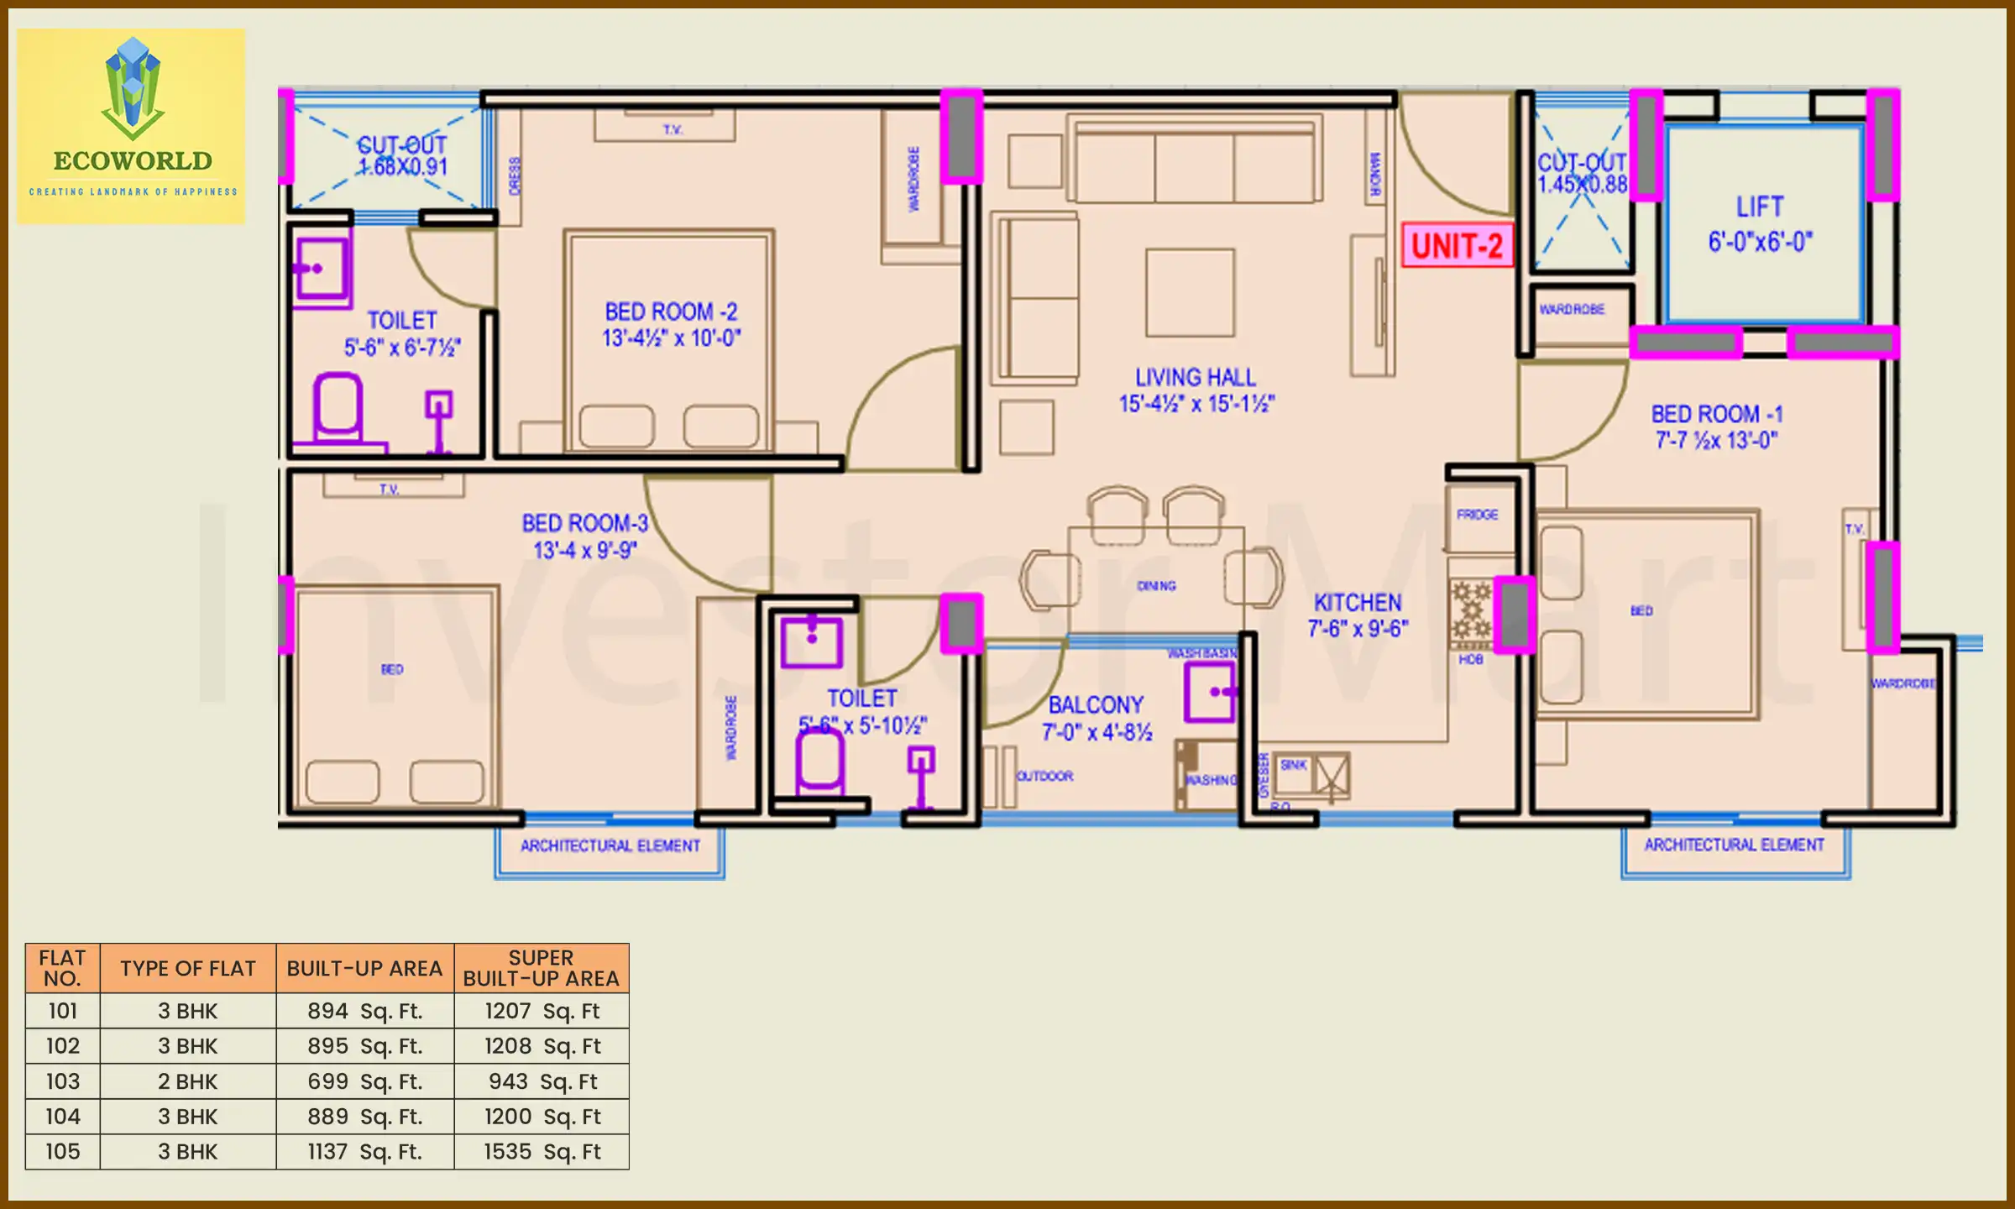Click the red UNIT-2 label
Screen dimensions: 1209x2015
[x=1457, y=245]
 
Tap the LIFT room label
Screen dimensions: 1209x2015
[x=1760, y=223]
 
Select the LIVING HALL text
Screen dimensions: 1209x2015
[x=1196, y=390]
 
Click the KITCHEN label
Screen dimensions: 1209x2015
[x=1358, y=615]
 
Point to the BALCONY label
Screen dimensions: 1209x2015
[x=1096, y=717]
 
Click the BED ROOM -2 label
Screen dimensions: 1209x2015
[x=671, y=324]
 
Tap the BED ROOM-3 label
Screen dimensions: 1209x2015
[x=585, y=536]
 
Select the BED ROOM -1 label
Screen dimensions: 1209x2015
[x=1716, y=427]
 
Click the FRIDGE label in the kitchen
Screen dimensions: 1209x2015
[x=1477, y=515]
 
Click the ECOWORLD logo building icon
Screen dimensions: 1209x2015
[x=133, y=88]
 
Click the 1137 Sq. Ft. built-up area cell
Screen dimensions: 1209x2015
[x=364, y=1151]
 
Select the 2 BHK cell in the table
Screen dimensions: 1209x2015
[x=187, y=1081]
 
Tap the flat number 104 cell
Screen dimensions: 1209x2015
[x=63, y=1117]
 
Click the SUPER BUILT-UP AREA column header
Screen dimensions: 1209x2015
[x=541, y=968]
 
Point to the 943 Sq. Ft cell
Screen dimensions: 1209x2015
[x=542, y=1081]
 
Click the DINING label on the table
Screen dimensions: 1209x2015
[x=1156, y=586]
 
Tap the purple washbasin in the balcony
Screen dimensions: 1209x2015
[x=1210, y=692]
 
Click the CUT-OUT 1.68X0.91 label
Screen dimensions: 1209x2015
[x=402, y=156]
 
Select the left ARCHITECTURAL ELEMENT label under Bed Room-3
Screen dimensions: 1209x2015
[x=610, y=845]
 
